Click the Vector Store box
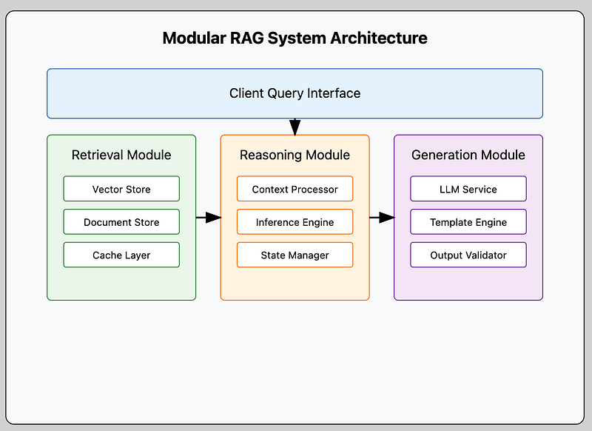pyautogui.click(x=121, y=189)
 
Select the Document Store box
pyautogui.click(x=121, y=221)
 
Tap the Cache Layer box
pyautogui.click(x=121, y=255)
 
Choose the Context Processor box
pyautogui.click(x=295, y=189)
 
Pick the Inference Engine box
pyautogui.click(x=295, y=221)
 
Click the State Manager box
pyautogui.click(x=295, y=255)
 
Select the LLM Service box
pyautogui.click(x=468, y=189)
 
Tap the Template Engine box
pyautogui.click(x=468, y=221)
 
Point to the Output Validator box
pyautogui.click(x=468, y=255)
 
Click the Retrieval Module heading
pyautogui.click(x=121, y=155)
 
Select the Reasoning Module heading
pyautogui.click(x=295, y=155)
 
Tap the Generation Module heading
pyautogui.click(x=468, y=155)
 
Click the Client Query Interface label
pyautogui.click(x=295, y=93)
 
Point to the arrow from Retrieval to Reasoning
pyautogui.click(x=209, y=218)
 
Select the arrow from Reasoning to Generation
pyautogui.click(x=382, y=218)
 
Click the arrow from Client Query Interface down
pyautogui.click(x=295, y=127)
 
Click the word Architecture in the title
pyautogui.click(x=379, y=39)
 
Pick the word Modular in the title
pyautogui.click(x=194, y=39)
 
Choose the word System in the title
pyautogui.click(x=297, y=39)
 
